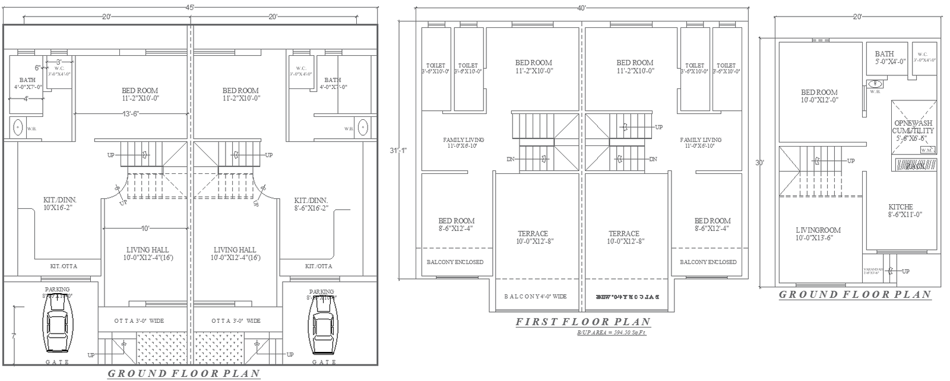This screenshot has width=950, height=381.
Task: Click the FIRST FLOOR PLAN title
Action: point(582,322)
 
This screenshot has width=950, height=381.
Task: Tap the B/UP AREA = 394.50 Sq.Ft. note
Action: point(612,333)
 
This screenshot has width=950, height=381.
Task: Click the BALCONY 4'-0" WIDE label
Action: point(536,296)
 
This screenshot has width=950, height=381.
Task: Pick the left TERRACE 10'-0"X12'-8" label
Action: point(533,237)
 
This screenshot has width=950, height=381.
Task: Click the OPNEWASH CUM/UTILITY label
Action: point(914,131)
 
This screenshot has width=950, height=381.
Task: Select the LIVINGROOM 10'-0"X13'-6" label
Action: point(818,234)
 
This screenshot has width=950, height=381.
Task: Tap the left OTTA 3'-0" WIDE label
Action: point(139,321)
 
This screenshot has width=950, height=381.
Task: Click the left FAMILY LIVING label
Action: point(463,142)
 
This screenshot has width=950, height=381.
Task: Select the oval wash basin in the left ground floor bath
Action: point(18,127)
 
